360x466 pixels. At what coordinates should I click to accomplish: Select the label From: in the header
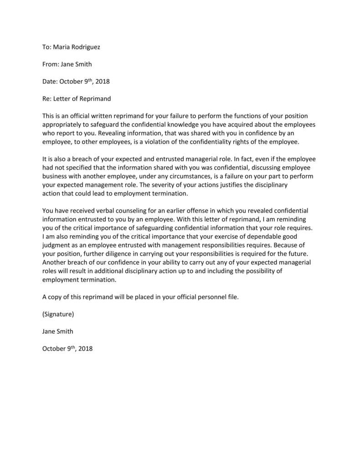point(51,64)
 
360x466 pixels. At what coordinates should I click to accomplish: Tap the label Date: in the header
point(50,82)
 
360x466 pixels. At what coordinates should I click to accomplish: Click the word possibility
point(258,271)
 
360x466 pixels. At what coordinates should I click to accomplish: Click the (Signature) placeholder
point(58,314)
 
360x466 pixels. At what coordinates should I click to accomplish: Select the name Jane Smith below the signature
point(57,331)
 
